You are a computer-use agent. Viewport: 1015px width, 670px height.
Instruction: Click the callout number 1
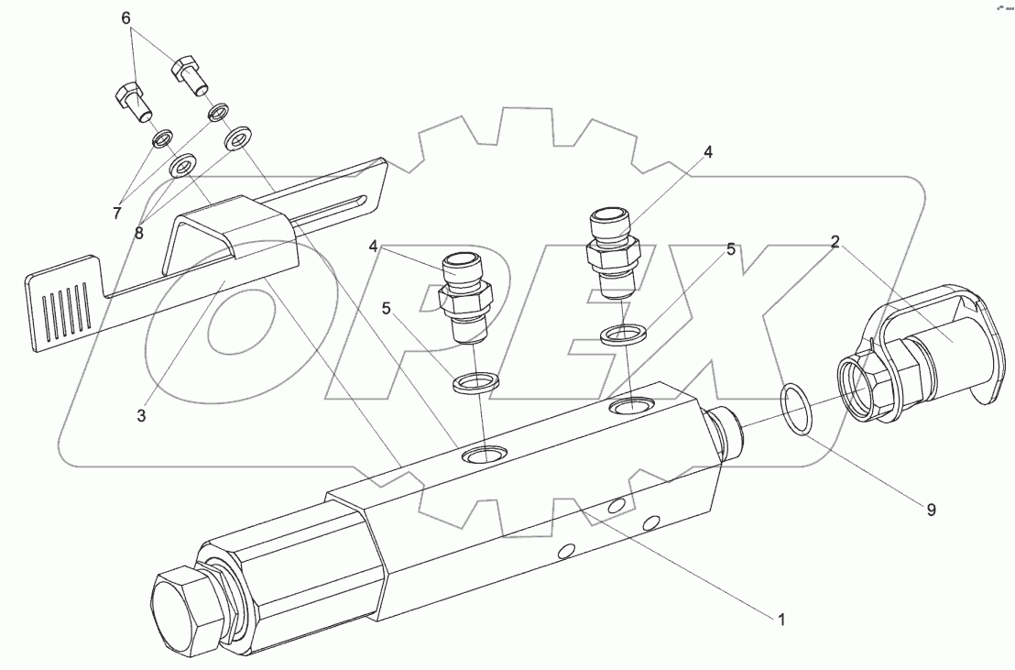pyautogui.click(x=781, y=620)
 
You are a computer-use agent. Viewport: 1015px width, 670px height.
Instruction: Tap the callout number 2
pyautogui.click(x=835, y=242)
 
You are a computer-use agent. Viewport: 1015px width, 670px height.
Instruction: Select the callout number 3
pyautogui.click(x=141, y=415)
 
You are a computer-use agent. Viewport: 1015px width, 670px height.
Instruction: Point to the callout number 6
pyautogui.click(x=127, y=17)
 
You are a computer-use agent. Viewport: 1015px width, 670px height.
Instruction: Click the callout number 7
pyautogui.click(x=116, y=214)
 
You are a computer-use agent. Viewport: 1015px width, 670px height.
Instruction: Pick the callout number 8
pyautogui.click(x=139, y=233)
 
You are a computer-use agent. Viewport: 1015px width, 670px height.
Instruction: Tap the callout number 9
pyautogui.click(x=930, y=510)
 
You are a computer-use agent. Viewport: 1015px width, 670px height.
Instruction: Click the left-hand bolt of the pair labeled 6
pyautogui.click(x=132, y=101)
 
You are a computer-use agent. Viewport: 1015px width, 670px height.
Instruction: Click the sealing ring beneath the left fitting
pyautogui.click(x=476, y=380)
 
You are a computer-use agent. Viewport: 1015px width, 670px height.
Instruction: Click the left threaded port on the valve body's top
pyautogui.click(x=485, y=454)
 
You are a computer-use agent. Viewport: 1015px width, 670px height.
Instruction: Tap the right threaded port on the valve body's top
pyautogui.click(x=633, y=404)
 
